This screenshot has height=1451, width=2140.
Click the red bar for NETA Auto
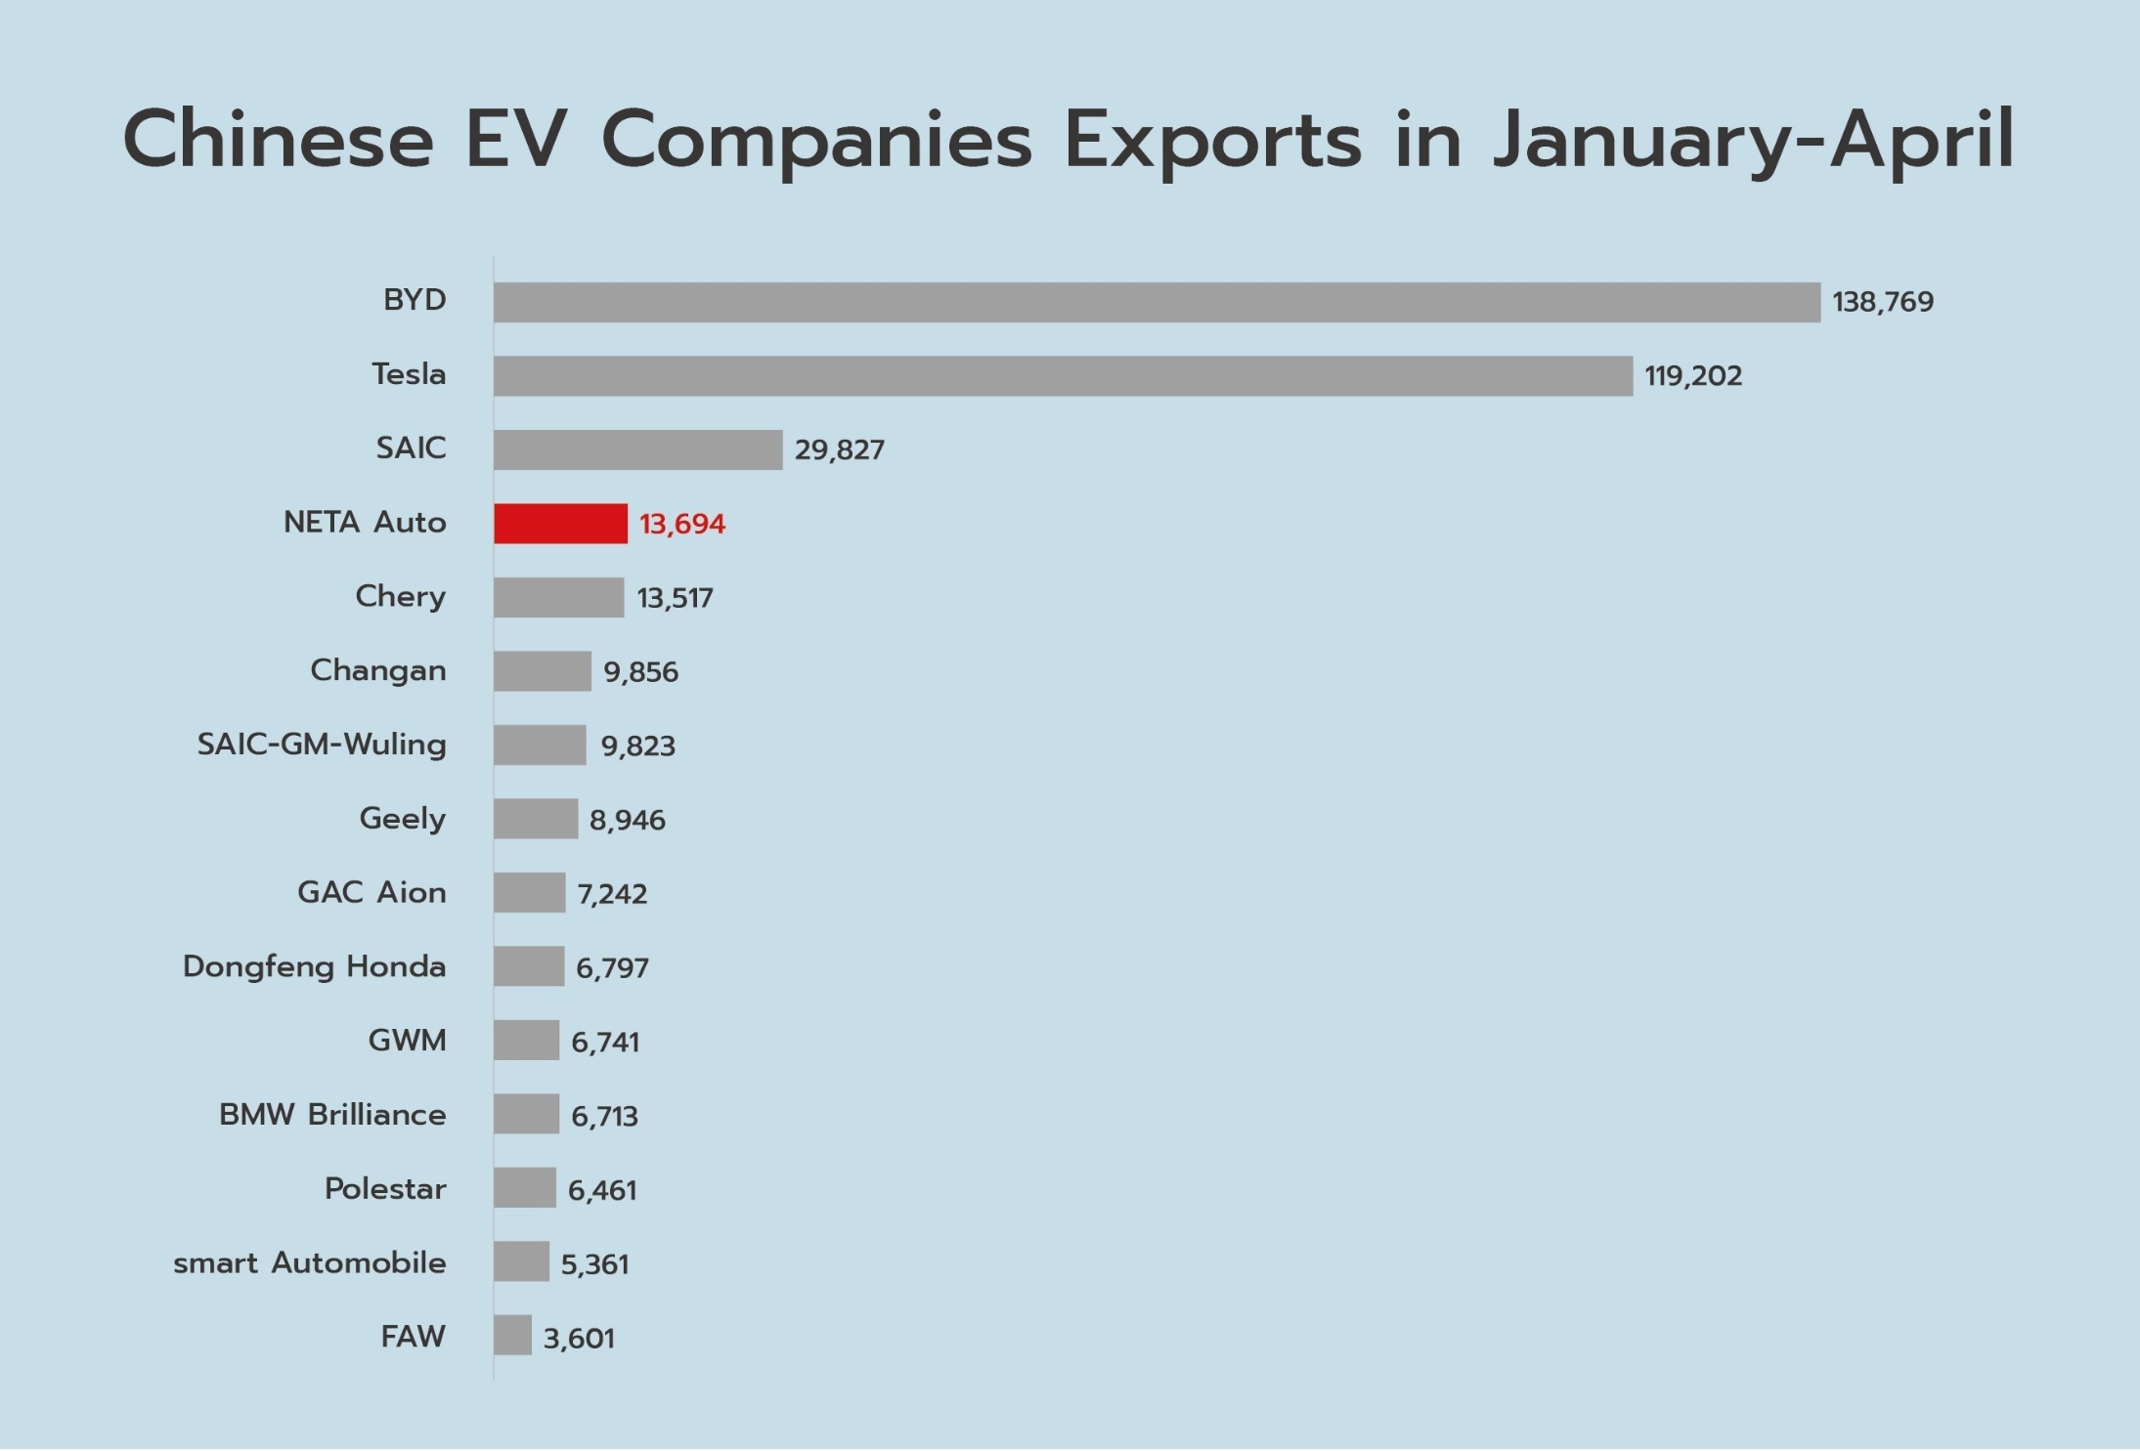pyautogui.click(x=560, y=524)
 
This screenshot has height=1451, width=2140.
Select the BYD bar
pyautogui.click(x=1157, y=302)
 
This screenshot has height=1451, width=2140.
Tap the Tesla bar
pyautogui.click(x=1063, y=376)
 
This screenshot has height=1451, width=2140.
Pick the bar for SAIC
pyautogui.click(x=637, y=450)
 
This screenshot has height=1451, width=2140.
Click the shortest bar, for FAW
pyautogui.click(x=512, y=1336)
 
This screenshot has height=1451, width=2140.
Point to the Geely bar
pyautogui.click(x=536, y=819)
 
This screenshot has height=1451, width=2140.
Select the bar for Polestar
pyautogui.click(x=525, y=1188)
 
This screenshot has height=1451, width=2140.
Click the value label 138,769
pyautogui.click(x=1882, y=302)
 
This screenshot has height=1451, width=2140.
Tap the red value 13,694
pyautogui.click(x=682, y=525)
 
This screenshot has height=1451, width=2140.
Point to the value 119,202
pyautogui.click(x=1692, y=376)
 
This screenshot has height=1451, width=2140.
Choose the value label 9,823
pyautogui.click(x=637, y=747)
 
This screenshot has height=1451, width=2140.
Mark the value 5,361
pyautogui.click(x=594, y=1264)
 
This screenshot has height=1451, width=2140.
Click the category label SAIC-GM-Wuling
pyautogui.click(x=322, y=745)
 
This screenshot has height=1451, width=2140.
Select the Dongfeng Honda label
pyautogui.click(x=314, y=967)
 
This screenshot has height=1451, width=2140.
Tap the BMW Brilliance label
pyautogui.click(x=332, y=1115)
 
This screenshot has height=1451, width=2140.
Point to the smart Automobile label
pyautogui.click(x=309, y=1263)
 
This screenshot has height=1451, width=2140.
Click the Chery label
pyautogui.click(x=400, y=597)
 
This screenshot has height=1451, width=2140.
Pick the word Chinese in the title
pyautogui.click(x=279, y=140)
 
